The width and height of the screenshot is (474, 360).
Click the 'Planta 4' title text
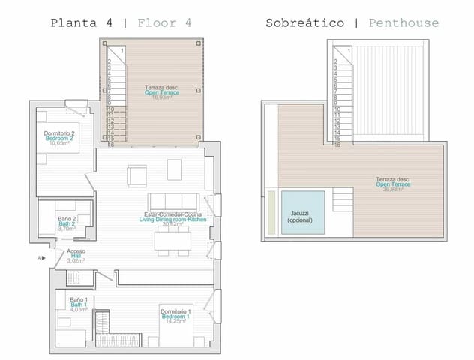82,22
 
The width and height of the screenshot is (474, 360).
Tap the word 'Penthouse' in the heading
403,22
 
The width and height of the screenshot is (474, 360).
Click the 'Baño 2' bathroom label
67,222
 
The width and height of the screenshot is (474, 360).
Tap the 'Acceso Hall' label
76,255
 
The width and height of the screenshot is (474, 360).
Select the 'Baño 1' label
79,304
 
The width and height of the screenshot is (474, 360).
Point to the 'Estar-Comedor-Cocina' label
172,218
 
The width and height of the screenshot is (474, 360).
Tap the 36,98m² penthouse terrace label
393,184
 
